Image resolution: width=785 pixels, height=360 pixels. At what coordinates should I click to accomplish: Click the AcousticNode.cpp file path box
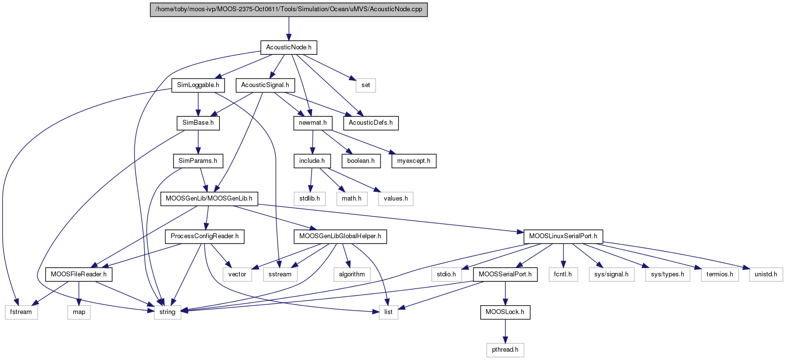point(289,9)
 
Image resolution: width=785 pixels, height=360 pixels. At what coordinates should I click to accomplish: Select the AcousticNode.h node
point(289,47)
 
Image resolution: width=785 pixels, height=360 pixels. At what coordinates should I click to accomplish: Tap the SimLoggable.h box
point(198,85)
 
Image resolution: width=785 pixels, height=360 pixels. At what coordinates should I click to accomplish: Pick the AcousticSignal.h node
point(265,85)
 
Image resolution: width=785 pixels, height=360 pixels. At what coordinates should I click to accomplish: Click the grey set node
point(365,85)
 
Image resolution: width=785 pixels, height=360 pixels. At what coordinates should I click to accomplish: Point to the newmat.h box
point(313,123)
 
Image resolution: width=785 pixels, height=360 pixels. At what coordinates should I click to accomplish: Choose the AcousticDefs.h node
point(371,123)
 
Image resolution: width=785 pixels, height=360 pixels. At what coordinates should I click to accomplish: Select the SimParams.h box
point(198,161)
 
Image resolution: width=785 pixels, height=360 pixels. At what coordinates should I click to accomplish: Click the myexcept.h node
point(414,161)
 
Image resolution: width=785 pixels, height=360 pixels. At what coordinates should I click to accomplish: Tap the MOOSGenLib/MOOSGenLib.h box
point(209,199)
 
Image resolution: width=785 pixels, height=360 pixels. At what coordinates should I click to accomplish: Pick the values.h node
point(396,199)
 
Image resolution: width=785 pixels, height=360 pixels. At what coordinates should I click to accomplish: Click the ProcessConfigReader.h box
point(204,237)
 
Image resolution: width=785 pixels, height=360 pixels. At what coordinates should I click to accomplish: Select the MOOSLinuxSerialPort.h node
point(563,237)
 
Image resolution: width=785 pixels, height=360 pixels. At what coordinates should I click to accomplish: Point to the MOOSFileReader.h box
point(79,274)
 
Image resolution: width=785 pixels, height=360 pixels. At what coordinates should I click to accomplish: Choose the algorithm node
point(352,274)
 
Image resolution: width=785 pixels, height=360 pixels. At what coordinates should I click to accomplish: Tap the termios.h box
point(719,274)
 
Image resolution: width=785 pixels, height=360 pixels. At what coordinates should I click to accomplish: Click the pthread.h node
point(505,350)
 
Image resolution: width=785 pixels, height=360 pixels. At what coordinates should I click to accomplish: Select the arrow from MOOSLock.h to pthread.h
point(505,331)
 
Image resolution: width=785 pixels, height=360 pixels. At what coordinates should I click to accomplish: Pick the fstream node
point(21,313)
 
